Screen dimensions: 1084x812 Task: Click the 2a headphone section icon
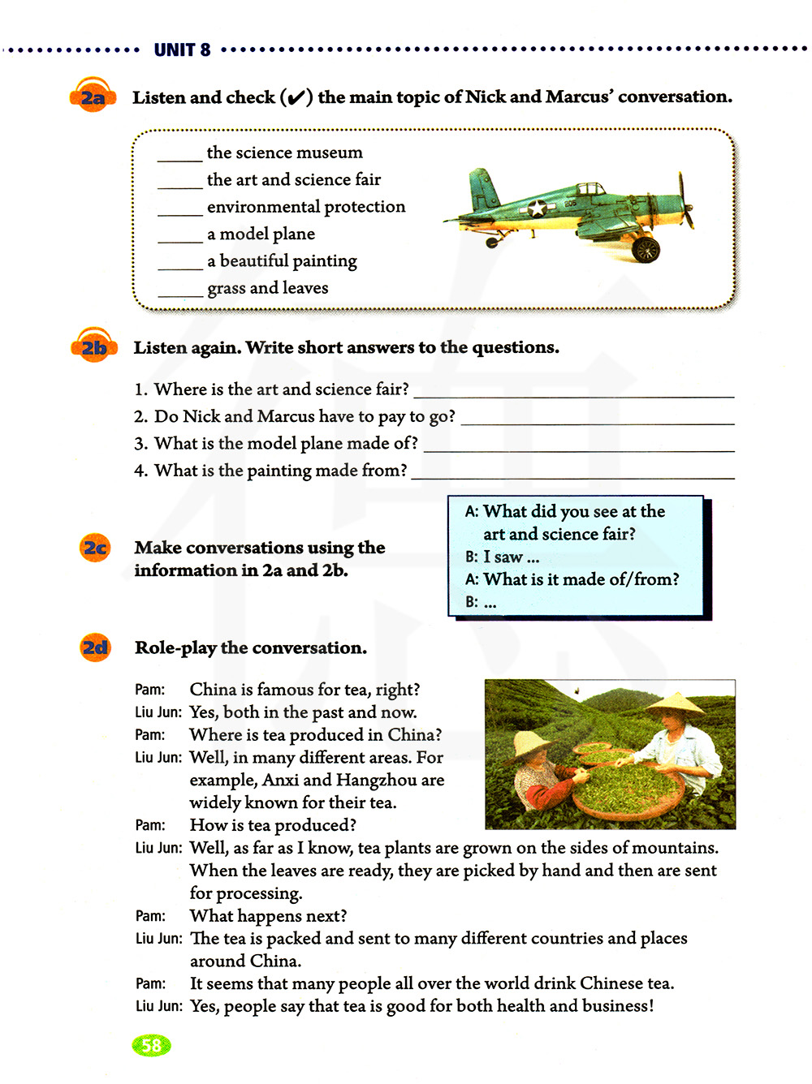pyautogui.click(x=92, y=97)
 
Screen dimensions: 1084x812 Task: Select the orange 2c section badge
pyautogui.click(x=95, y=548)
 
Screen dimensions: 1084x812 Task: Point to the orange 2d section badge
pyautogui.click(x=95, y=647)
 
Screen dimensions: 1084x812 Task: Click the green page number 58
pyautogui.click(x=151, y=1045)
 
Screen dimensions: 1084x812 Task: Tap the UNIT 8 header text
pyautogui.click(x=182, y=50)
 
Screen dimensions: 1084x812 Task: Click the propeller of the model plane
pyautogui.click(x=686, y=201)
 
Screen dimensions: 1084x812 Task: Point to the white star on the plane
pyautogui.click(x=537, y=209)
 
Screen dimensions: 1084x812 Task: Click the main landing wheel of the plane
pyautogui.click(x=646, y=249)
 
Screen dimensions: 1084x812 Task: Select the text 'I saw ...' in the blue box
pyautogui.click(x=511, y=557)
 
